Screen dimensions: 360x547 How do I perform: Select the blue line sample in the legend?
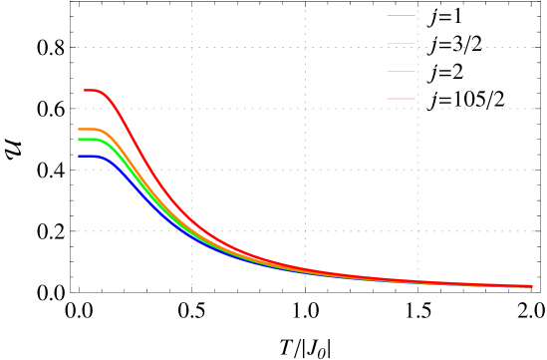pos(401,16)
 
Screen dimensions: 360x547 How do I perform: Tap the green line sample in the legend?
pos(401,43)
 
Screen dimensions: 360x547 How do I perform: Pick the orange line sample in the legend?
pos(401,71)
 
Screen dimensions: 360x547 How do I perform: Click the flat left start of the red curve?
pos(90,91)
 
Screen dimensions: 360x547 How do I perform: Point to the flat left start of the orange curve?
pos(84,130)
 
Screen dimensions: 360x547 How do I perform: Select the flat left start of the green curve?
pos(84,139)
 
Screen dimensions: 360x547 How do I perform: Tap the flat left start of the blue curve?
pos(84,156)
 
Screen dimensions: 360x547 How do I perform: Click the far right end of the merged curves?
pos(529,286)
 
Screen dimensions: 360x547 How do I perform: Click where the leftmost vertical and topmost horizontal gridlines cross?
pos(191,47)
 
